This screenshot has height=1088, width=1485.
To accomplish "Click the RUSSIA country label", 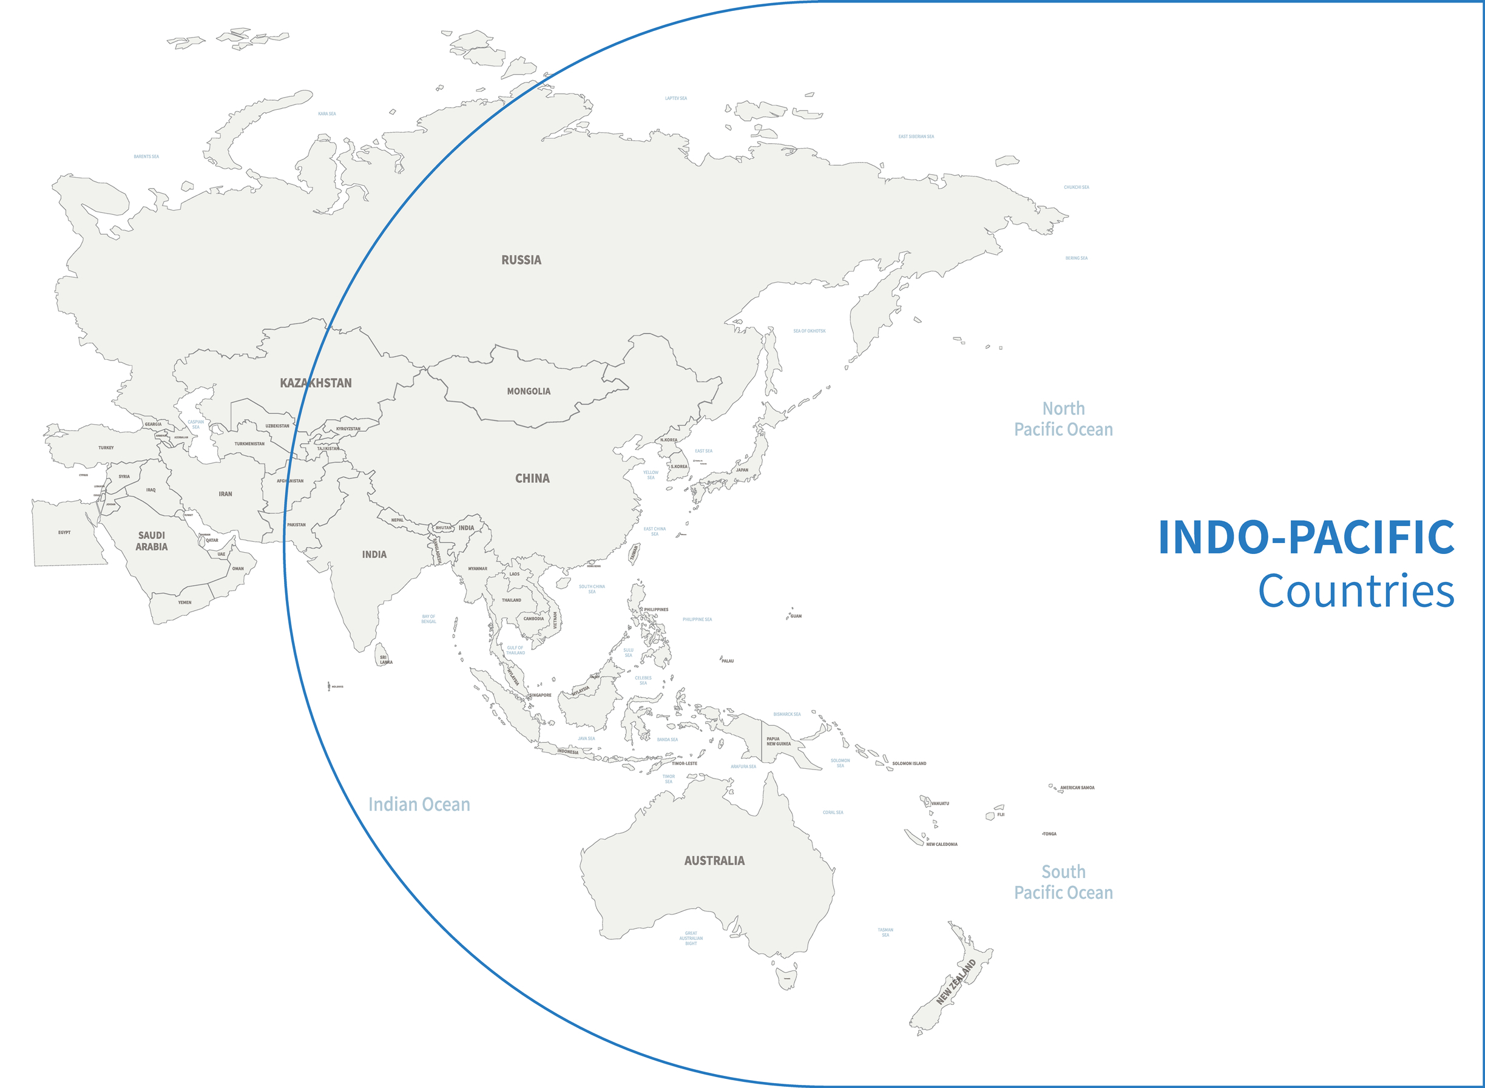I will pos(521,260).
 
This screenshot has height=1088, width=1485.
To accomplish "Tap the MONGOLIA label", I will pos(528,391).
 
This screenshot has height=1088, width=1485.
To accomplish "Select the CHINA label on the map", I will pos(532,479).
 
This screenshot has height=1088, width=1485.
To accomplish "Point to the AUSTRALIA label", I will pos(714,861).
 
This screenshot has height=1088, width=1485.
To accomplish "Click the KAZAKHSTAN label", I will pos(316,384).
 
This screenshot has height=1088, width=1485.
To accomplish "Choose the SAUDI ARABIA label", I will pos(152,541).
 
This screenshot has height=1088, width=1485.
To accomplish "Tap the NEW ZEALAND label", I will pos(956,982).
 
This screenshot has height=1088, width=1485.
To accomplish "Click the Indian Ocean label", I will pos(419,805).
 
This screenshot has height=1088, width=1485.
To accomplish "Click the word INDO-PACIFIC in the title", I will pos(1306,538).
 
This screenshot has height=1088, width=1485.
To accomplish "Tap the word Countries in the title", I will pos(1356,592).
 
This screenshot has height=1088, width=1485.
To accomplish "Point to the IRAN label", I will pos(225,494).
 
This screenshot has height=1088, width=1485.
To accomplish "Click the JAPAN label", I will pos(742,470).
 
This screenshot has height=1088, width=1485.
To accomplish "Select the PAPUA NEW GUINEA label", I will pos(778,742).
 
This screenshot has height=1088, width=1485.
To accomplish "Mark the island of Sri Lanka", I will pos(381,654).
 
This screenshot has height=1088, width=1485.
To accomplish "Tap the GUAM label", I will pos(796,617).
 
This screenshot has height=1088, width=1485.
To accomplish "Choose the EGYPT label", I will pos(64,533).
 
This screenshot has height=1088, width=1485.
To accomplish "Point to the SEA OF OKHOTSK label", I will pos(809,331).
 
